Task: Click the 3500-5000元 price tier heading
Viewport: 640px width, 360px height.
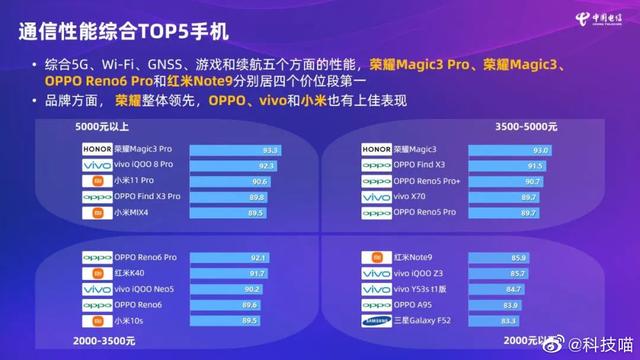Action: tap(531, 129)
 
